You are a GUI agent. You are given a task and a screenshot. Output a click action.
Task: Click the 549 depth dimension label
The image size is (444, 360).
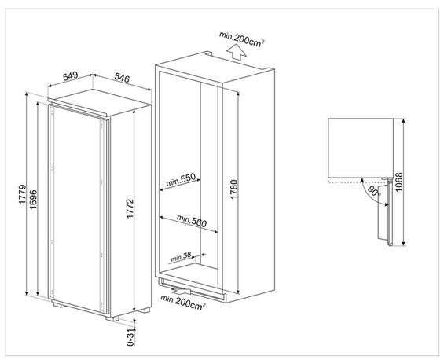pyautogui.click(x=70, y=76)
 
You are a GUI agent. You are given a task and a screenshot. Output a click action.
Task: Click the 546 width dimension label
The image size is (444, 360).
pyautogui.click(x=122, y=78)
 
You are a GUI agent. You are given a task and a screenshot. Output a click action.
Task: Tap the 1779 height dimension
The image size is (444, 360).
pyautogui.click(x=23, y=195)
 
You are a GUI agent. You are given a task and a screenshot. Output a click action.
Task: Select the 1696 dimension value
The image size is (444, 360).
pyautogui.click(x=33, y=200)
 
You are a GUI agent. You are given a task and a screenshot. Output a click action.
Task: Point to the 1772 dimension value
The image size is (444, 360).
pyautogui.click(x=130, y=208)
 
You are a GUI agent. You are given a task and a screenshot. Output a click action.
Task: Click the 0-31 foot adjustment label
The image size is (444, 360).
pyautogui.click(x=130, y=338)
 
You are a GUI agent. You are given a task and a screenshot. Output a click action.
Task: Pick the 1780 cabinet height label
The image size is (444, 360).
pyautogui.click(x=234, y=189)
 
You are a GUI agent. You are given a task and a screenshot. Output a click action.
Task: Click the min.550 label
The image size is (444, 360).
pyautogui.click(x=181, y=179)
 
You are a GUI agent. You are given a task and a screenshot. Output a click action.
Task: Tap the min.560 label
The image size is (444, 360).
pyautogui.click(x=192, y=221)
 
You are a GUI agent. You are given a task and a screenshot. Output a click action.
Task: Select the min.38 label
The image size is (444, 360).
pyautogui.click(x=181, y=257)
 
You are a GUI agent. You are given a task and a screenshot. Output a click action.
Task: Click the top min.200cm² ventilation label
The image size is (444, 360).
pyautogui.click(x=241, y=39)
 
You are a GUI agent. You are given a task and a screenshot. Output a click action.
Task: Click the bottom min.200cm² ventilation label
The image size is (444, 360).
pyautogui.click(x=183, y=302)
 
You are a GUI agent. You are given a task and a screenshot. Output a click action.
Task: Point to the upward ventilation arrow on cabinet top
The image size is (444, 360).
pyautogui.click(x=236, y=52)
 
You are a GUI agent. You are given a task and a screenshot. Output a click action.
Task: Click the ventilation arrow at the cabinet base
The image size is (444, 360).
pyautogui.click(x=182, y=290)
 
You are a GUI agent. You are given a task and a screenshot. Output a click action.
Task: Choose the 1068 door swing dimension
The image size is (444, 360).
pyautogui.click(x=398, y=182)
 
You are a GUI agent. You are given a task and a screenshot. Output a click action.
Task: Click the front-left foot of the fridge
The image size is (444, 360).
pyautogui.click(x=59, y=305)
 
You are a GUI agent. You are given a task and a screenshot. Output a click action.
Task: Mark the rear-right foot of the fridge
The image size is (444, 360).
pyautogui.click(x=144, y=310)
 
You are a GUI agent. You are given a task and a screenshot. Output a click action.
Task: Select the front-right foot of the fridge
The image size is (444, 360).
pyautogui.click(x=112, y=318)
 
